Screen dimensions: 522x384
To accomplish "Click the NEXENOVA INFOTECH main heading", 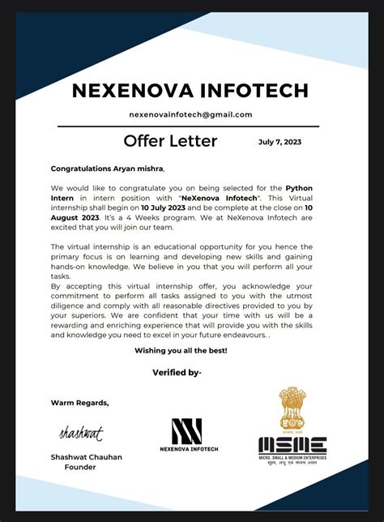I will point(190,88).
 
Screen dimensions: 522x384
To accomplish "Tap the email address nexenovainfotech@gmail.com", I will point(190,114).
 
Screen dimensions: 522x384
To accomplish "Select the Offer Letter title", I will point(170,141).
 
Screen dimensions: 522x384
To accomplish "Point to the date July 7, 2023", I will point(279,142).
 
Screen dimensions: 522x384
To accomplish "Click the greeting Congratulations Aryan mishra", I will point(107,169).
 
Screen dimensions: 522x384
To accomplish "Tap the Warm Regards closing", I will point(79,402).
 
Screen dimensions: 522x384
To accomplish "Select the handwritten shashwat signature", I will point(81,434).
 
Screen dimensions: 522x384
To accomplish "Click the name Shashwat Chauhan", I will point(87,457).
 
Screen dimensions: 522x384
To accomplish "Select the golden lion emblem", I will point(292,407).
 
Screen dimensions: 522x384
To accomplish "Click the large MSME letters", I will point(292,445).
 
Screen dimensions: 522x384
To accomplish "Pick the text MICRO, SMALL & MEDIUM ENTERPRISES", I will point(292,460).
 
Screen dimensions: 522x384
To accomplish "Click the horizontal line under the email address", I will point(190,126).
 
